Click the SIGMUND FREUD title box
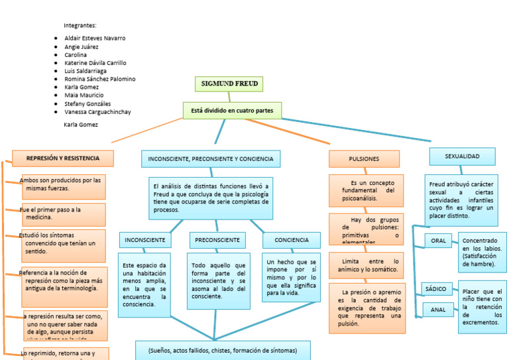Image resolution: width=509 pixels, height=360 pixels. coord(229,84)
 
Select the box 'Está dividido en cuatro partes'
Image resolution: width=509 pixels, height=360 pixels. coord(232,110)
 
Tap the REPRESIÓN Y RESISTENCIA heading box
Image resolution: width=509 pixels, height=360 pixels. coord(63,158)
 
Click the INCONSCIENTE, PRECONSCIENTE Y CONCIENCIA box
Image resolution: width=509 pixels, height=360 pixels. coord(210,159)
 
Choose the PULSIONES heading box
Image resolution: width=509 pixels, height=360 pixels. coord(364,159)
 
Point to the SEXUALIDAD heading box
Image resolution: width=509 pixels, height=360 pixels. coord(462,156)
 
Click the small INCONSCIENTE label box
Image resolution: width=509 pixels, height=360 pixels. coord(145,240)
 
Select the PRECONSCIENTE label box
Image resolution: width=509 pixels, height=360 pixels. coord(217,240)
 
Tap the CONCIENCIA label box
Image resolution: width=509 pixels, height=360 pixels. coord(292,240)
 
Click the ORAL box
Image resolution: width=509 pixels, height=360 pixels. coord(438,241)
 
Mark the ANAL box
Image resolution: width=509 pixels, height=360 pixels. coord(438,310)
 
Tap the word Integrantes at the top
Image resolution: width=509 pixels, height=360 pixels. coord(80,25)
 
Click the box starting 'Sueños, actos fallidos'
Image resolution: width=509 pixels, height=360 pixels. coord(223,350)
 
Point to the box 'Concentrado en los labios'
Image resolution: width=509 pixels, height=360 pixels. coord(482,252)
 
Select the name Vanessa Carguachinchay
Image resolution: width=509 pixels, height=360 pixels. coord(97,112)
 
